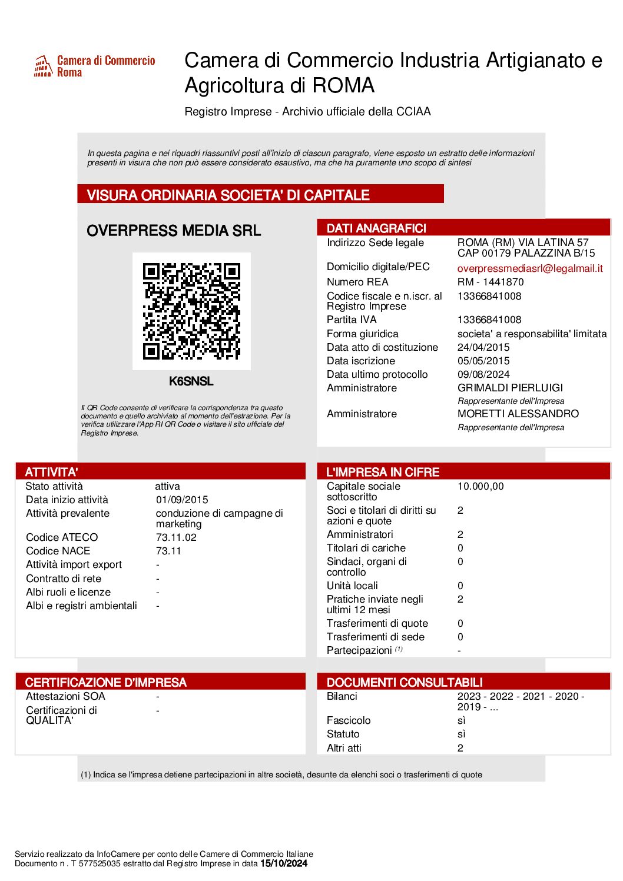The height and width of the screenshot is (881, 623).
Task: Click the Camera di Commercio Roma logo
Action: (x=94, y=66)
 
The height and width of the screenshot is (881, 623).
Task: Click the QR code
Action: (x=191, y=311)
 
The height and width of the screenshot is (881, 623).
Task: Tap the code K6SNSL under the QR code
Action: (x=191, y=381)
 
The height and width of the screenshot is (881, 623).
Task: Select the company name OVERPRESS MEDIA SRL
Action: (x=174, y=231)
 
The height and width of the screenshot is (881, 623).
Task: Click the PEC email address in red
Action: (x=530, y=268)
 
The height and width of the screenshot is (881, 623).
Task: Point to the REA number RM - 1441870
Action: (x=491, y=282)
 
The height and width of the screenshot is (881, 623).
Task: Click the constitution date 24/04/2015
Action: (x=483, y=347)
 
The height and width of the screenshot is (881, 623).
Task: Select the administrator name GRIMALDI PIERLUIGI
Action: (x=510, y=388)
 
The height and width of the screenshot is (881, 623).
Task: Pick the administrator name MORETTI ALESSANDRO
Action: (x=518, y=414)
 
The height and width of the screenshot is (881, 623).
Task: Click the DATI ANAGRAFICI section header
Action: (x=376, y=228)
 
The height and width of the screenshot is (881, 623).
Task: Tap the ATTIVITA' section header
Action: (x=52, y=472)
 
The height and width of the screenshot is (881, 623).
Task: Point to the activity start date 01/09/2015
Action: (x=182, y=500)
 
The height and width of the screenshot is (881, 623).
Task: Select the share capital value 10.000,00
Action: (x=480, y=486)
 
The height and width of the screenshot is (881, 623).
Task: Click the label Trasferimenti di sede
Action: (x=376, y=637)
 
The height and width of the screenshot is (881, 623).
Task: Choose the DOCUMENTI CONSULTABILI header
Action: (x=405, y=682)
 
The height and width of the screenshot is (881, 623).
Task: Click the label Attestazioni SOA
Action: (x=65, y=696)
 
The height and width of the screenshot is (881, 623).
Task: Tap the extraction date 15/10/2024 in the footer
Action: (x=284, y=863)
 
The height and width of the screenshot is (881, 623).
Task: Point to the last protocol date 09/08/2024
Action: (x=483, y=374)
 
